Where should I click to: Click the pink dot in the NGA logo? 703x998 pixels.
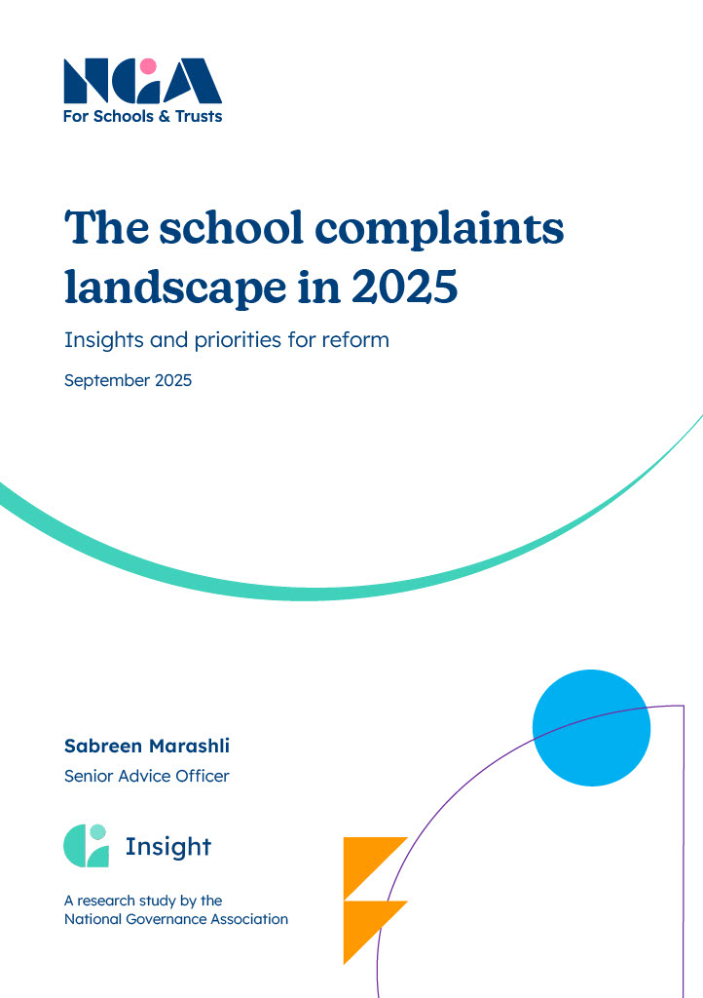pyautogui.click(x=148, y=66)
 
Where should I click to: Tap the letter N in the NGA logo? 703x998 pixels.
pyautogui.click(x=83, y=82)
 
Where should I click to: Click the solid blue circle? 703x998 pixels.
pyautogui.click(x=591, y=728)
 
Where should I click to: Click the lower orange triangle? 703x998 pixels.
pyautogui.click(x=370, y=926)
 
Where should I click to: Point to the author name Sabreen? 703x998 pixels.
pyautogui.click(x=104, y=746)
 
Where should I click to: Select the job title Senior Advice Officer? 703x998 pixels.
pyautogui.click(x=146, y=777)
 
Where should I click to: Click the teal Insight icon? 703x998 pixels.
pyautogui.click(x=86, y=846)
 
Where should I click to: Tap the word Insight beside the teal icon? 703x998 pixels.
pyautogui.click(x=167, y=847)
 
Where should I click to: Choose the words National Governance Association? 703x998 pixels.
pyautogui.click(x=176, y=918)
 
